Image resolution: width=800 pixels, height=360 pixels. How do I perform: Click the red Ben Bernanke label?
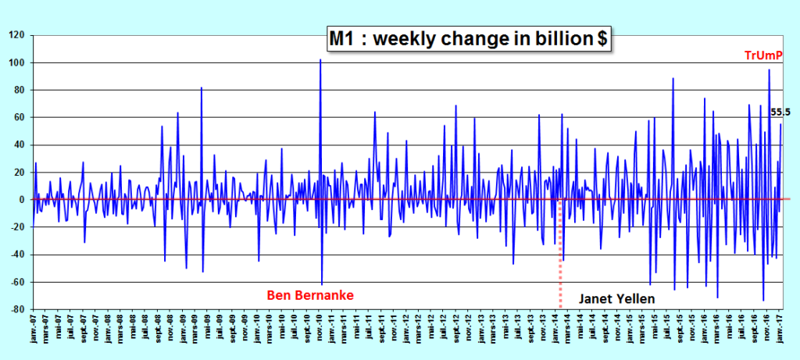(x=310, y=295)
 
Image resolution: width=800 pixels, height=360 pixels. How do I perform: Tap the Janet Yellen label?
(x=617, y=298)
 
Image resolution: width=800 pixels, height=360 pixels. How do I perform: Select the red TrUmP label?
(x=763, y=55)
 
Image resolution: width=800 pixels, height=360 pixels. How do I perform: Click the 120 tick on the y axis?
(x=17, y=35)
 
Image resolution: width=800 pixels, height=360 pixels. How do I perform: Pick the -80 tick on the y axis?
(x=17, y=309)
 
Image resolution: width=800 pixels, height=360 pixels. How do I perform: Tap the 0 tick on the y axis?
(x=22, y=200)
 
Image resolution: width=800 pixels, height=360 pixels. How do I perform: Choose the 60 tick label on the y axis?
(x=20, y=117)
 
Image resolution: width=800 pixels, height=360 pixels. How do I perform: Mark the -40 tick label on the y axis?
(x=17, y=255)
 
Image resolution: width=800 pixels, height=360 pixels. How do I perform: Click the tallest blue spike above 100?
(x=320, y=61)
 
